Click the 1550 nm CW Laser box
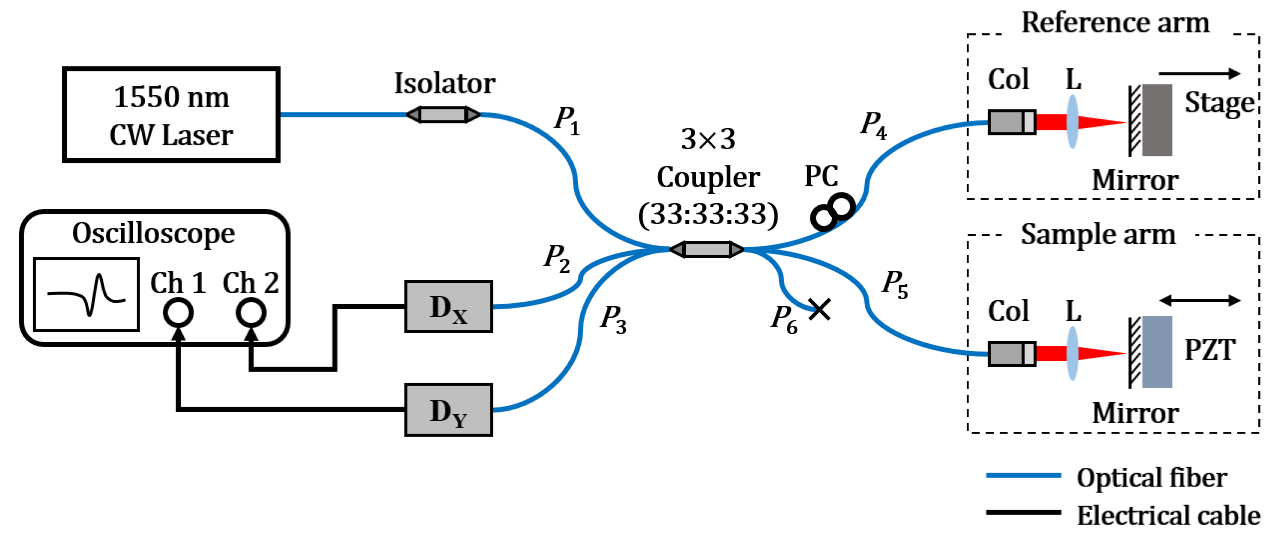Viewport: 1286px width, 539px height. click(171, 115)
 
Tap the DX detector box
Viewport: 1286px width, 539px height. click(448, 306)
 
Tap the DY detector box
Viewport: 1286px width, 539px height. click(448, 410)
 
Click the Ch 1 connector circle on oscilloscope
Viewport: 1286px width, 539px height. click(178, 313)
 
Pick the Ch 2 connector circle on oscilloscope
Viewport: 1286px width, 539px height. click(251, 313)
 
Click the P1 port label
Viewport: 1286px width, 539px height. click(567, 121)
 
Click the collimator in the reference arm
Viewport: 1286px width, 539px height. click(1011, 122)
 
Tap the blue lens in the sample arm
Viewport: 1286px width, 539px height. click(1072, 353)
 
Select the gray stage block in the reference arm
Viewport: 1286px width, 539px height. click(1157, 120)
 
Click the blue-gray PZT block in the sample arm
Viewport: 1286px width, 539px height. click(1157, 352)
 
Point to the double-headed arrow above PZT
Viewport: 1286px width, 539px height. click(1200, 300)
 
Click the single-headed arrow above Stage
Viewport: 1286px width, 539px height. click(1200, 74)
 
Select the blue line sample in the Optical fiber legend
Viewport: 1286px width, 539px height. click(1023, 476)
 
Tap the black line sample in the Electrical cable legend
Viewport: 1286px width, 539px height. click(1023, 512)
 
